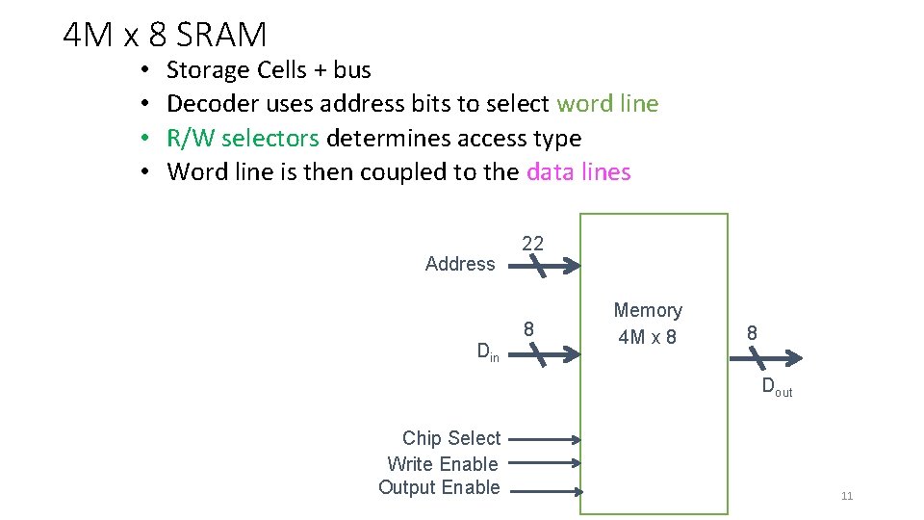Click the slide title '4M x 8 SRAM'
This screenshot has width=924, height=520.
(165, 35)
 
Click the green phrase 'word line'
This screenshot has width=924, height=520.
(607, 104)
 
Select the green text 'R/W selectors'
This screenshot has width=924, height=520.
(243, 139)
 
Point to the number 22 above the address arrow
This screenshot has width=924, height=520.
(532, 244)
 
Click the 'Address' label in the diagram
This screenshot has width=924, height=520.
(460, 264)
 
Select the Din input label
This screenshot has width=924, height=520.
(488, 352)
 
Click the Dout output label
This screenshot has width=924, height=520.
(777, 388)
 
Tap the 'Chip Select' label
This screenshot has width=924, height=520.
(451, 438)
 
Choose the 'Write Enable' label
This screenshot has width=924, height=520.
(443, 464)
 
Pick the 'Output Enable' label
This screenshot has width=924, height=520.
(439, 487)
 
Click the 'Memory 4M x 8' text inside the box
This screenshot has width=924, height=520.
(648, 324)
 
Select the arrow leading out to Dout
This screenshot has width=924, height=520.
(765, 358)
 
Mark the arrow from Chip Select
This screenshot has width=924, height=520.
(545, 439)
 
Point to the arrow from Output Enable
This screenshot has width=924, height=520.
(545, 491)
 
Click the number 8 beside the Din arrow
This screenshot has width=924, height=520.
(528, 329)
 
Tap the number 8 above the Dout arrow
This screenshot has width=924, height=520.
(752, 332)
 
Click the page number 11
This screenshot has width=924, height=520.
(847, 496)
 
